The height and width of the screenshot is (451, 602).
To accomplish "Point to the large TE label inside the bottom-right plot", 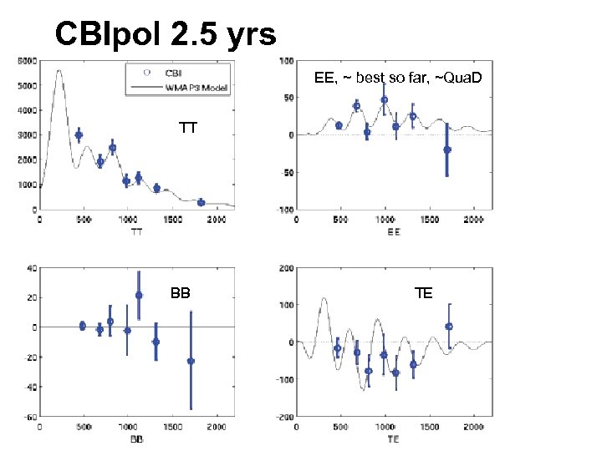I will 423,293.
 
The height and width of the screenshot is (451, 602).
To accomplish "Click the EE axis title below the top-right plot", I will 394,231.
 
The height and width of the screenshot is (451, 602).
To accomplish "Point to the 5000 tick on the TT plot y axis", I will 28,85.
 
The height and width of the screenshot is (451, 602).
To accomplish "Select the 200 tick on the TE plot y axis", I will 286,268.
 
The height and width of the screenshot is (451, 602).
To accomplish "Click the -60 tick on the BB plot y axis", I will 30,417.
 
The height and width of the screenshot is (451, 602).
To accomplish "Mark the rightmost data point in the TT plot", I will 201,202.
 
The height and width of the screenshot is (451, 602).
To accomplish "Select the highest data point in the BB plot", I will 139,295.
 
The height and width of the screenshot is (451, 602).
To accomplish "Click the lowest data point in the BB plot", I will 191,361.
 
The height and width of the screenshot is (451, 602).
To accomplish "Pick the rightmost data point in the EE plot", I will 447,149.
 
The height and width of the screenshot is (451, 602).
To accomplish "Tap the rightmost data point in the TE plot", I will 449,327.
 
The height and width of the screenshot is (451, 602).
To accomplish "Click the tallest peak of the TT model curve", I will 59,71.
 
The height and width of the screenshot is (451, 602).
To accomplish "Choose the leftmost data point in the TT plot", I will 79,135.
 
